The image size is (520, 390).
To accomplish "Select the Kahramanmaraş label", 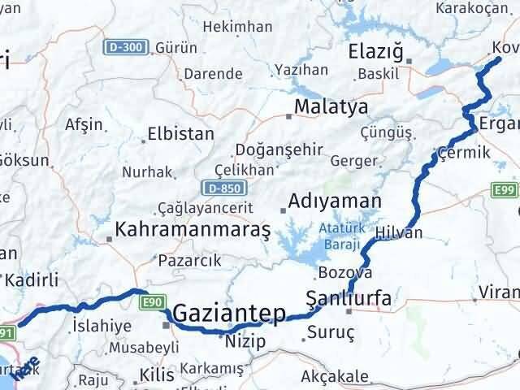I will (x=193, y=230).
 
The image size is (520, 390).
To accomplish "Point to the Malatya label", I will (x=331, y=106).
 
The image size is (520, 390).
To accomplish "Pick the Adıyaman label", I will (x=336, y=201).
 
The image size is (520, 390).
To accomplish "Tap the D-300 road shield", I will (x=126, y=47).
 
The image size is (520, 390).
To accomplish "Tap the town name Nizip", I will (x=246, y=341).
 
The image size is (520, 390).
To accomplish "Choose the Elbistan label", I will (x=180, y=134).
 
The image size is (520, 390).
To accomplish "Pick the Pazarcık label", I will (x=188, y=261).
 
